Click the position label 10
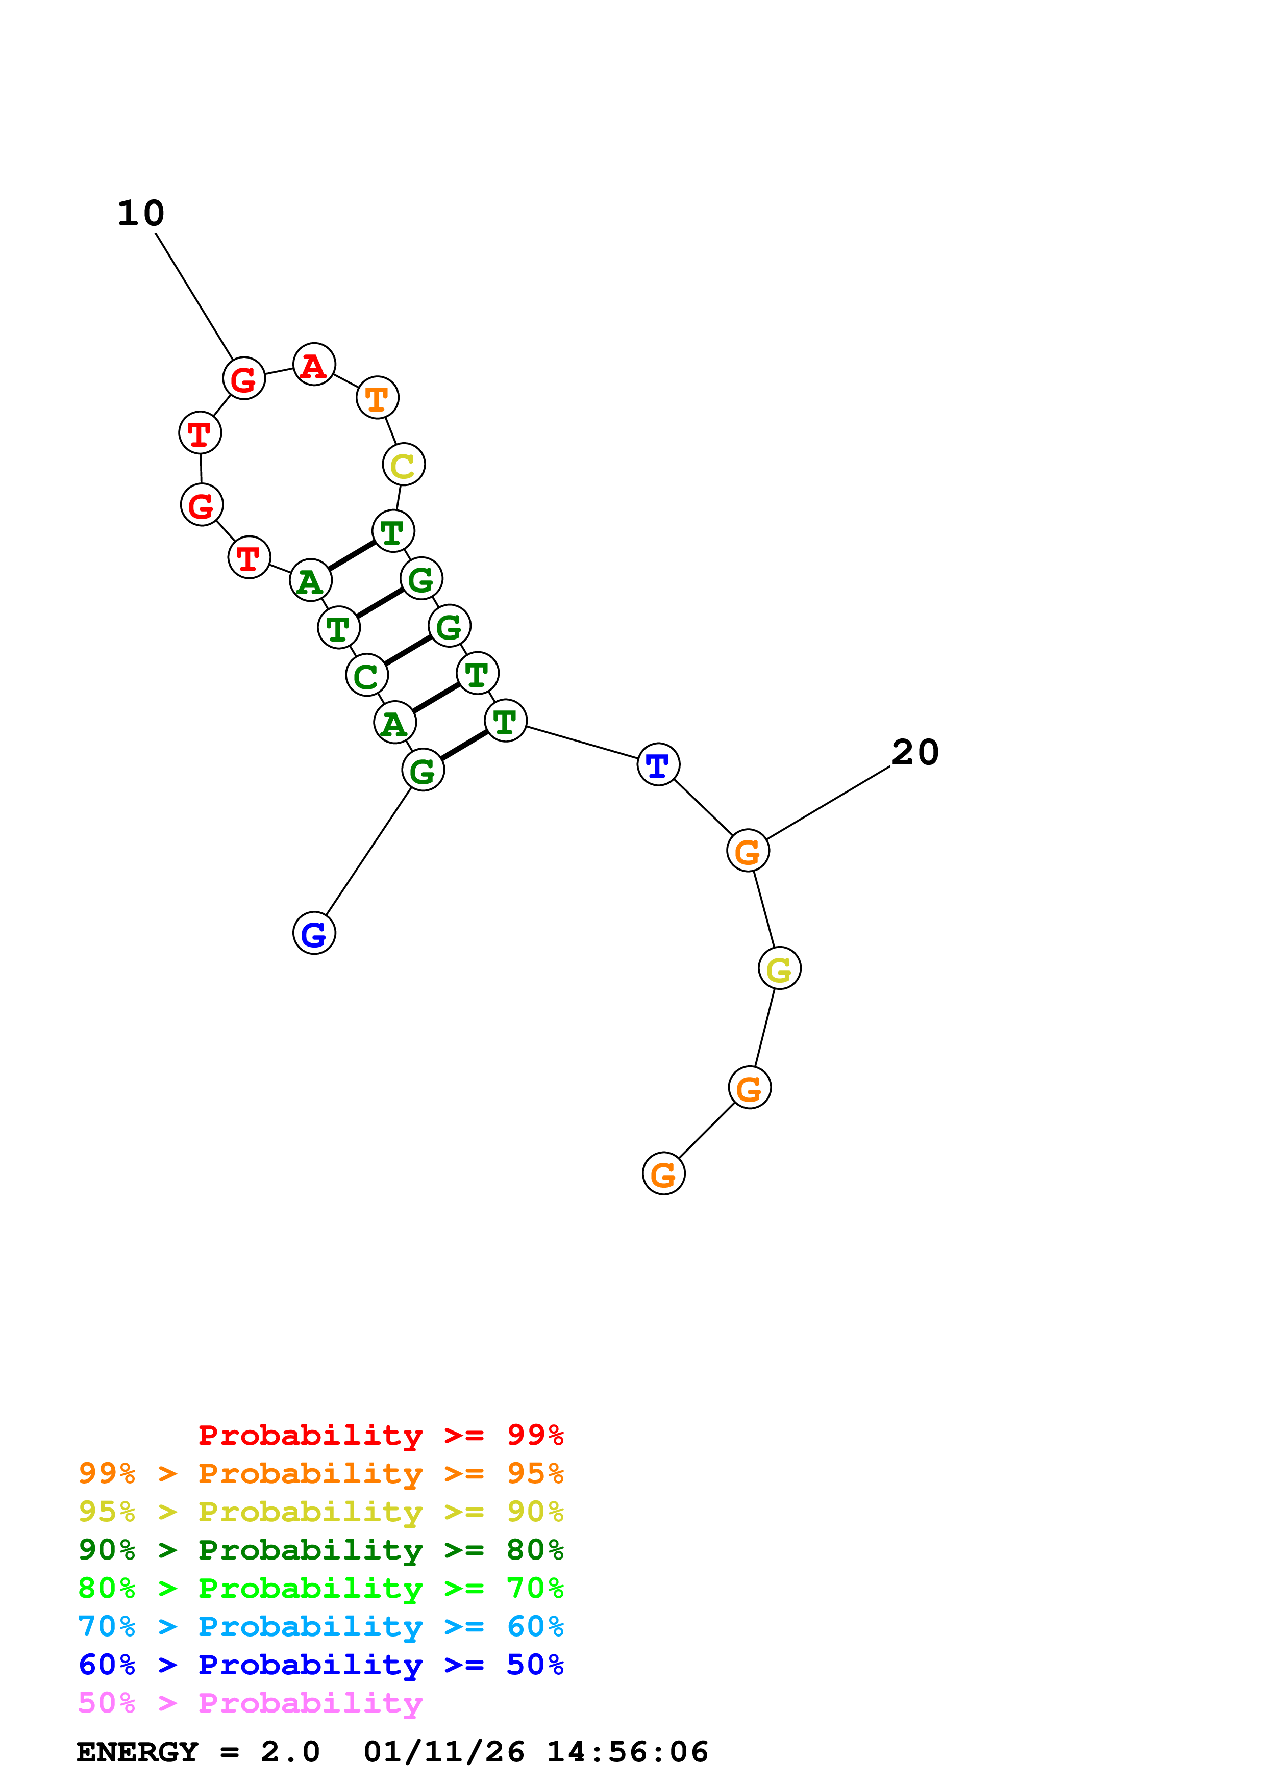141,214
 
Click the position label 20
915,753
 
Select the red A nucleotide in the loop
314,365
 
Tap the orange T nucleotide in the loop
377,398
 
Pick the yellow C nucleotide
404,465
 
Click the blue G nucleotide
314,933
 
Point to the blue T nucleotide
659,764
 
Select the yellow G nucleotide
779,968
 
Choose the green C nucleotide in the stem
366,676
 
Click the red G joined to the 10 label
244,379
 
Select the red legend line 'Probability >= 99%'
380,1435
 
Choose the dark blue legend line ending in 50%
320,1665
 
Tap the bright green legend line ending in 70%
320,1588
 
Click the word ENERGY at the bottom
137,1752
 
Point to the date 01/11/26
443,1752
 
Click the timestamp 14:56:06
628,1752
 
